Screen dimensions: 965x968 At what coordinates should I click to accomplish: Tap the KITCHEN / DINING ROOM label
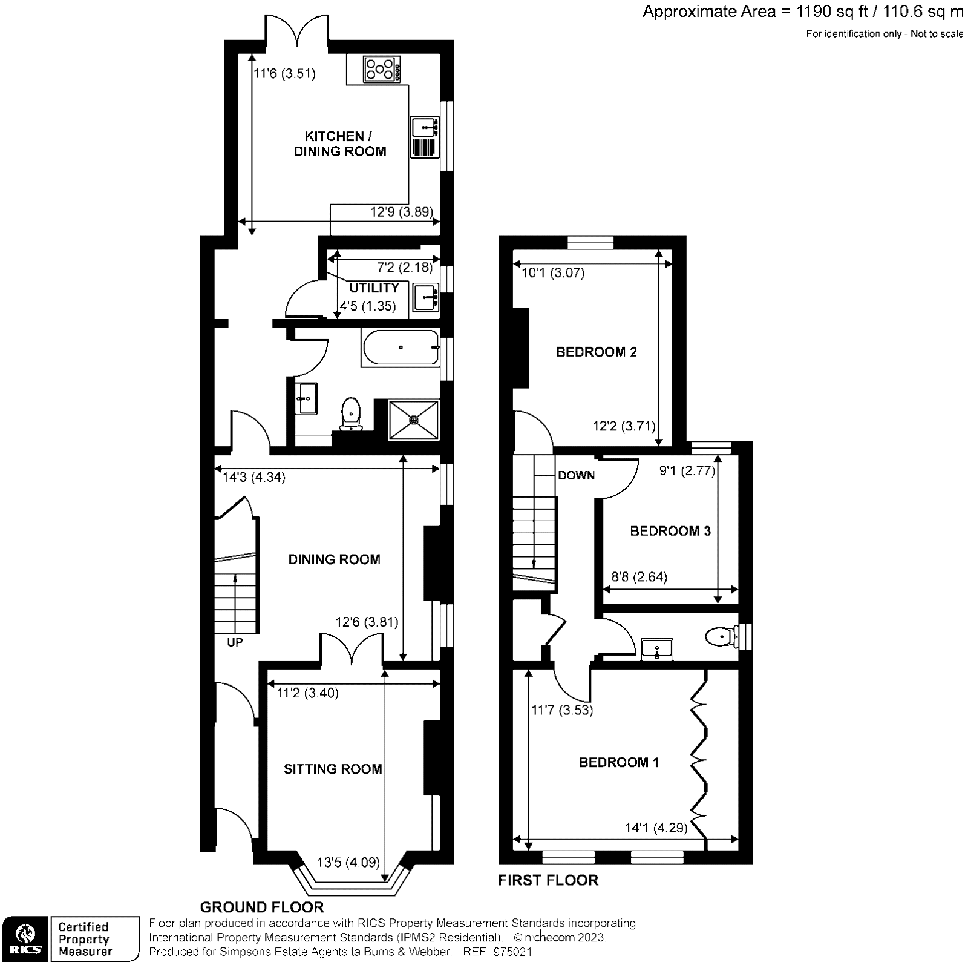pyautogui.click(x=340, y=144)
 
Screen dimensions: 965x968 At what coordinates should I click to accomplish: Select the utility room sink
pyautogui.click(x=426, y=297)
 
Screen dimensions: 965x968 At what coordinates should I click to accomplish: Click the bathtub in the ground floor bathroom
pyautogui.click(x=401, y=347)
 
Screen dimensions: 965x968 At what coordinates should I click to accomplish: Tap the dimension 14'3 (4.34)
pyautogui.click(x=254, y=477)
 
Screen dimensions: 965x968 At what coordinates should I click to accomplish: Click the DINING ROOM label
pyautogui.click(x=334, y=559)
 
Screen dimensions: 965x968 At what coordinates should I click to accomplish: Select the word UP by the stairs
pyautogui.click(x=235, y=642)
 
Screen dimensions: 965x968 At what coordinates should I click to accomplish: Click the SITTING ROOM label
pyautogui.click(x=333, y=769)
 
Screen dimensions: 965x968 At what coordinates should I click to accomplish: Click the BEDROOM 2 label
pyautogui.click(x=596, y=352)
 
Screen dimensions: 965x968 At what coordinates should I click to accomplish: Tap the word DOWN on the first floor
pyautogui.click(x=576, y=475)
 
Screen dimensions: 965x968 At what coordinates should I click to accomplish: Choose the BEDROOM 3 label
pyautogui.click(x=670, y=531)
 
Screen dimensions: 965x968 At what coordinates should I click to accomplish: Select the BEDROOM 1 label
pyautogui.click(x=618, y=762)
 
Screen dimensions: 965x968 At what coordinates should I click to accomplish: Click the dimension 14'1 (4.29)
pyautogui.click(x=656, y=828)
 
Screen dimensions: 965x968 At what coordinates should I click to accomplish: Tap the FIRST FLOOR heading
pyautogui.click(x=548, y=880)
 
